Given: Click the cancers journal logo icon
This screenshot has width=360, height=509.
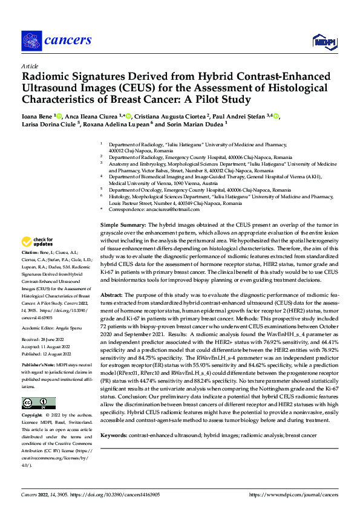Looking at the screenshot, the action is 31,41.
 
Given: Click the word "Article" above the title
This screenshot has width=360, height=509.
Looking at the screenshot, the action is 29,66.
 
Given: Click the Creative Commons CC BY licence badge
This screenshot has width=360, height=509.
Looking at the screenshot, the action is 38,403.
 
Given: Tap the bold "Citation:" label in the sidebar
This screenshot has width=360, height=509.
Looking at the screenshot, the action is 30,268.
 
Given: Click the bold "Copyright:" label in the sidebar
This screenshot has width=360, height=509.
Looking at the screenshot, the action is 32,417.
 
